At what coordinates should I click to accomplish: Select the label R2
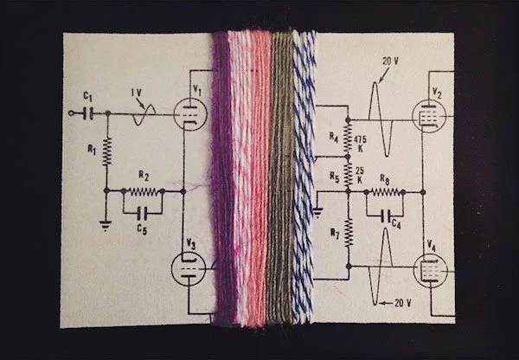pyautogui.click(x=144, y=177)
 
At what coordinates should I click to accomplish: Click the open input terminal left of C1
pyautogui.click(x=70, y=112)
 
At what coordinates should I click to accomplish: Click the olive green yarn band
pyautogui.click(x=282, y=182)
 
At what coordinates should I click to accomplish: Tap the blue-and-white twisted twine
pyautogui.click(x=305, y=182)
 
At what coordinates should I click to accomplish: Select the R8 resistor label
pyautogui.click(x=384, y=180)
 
